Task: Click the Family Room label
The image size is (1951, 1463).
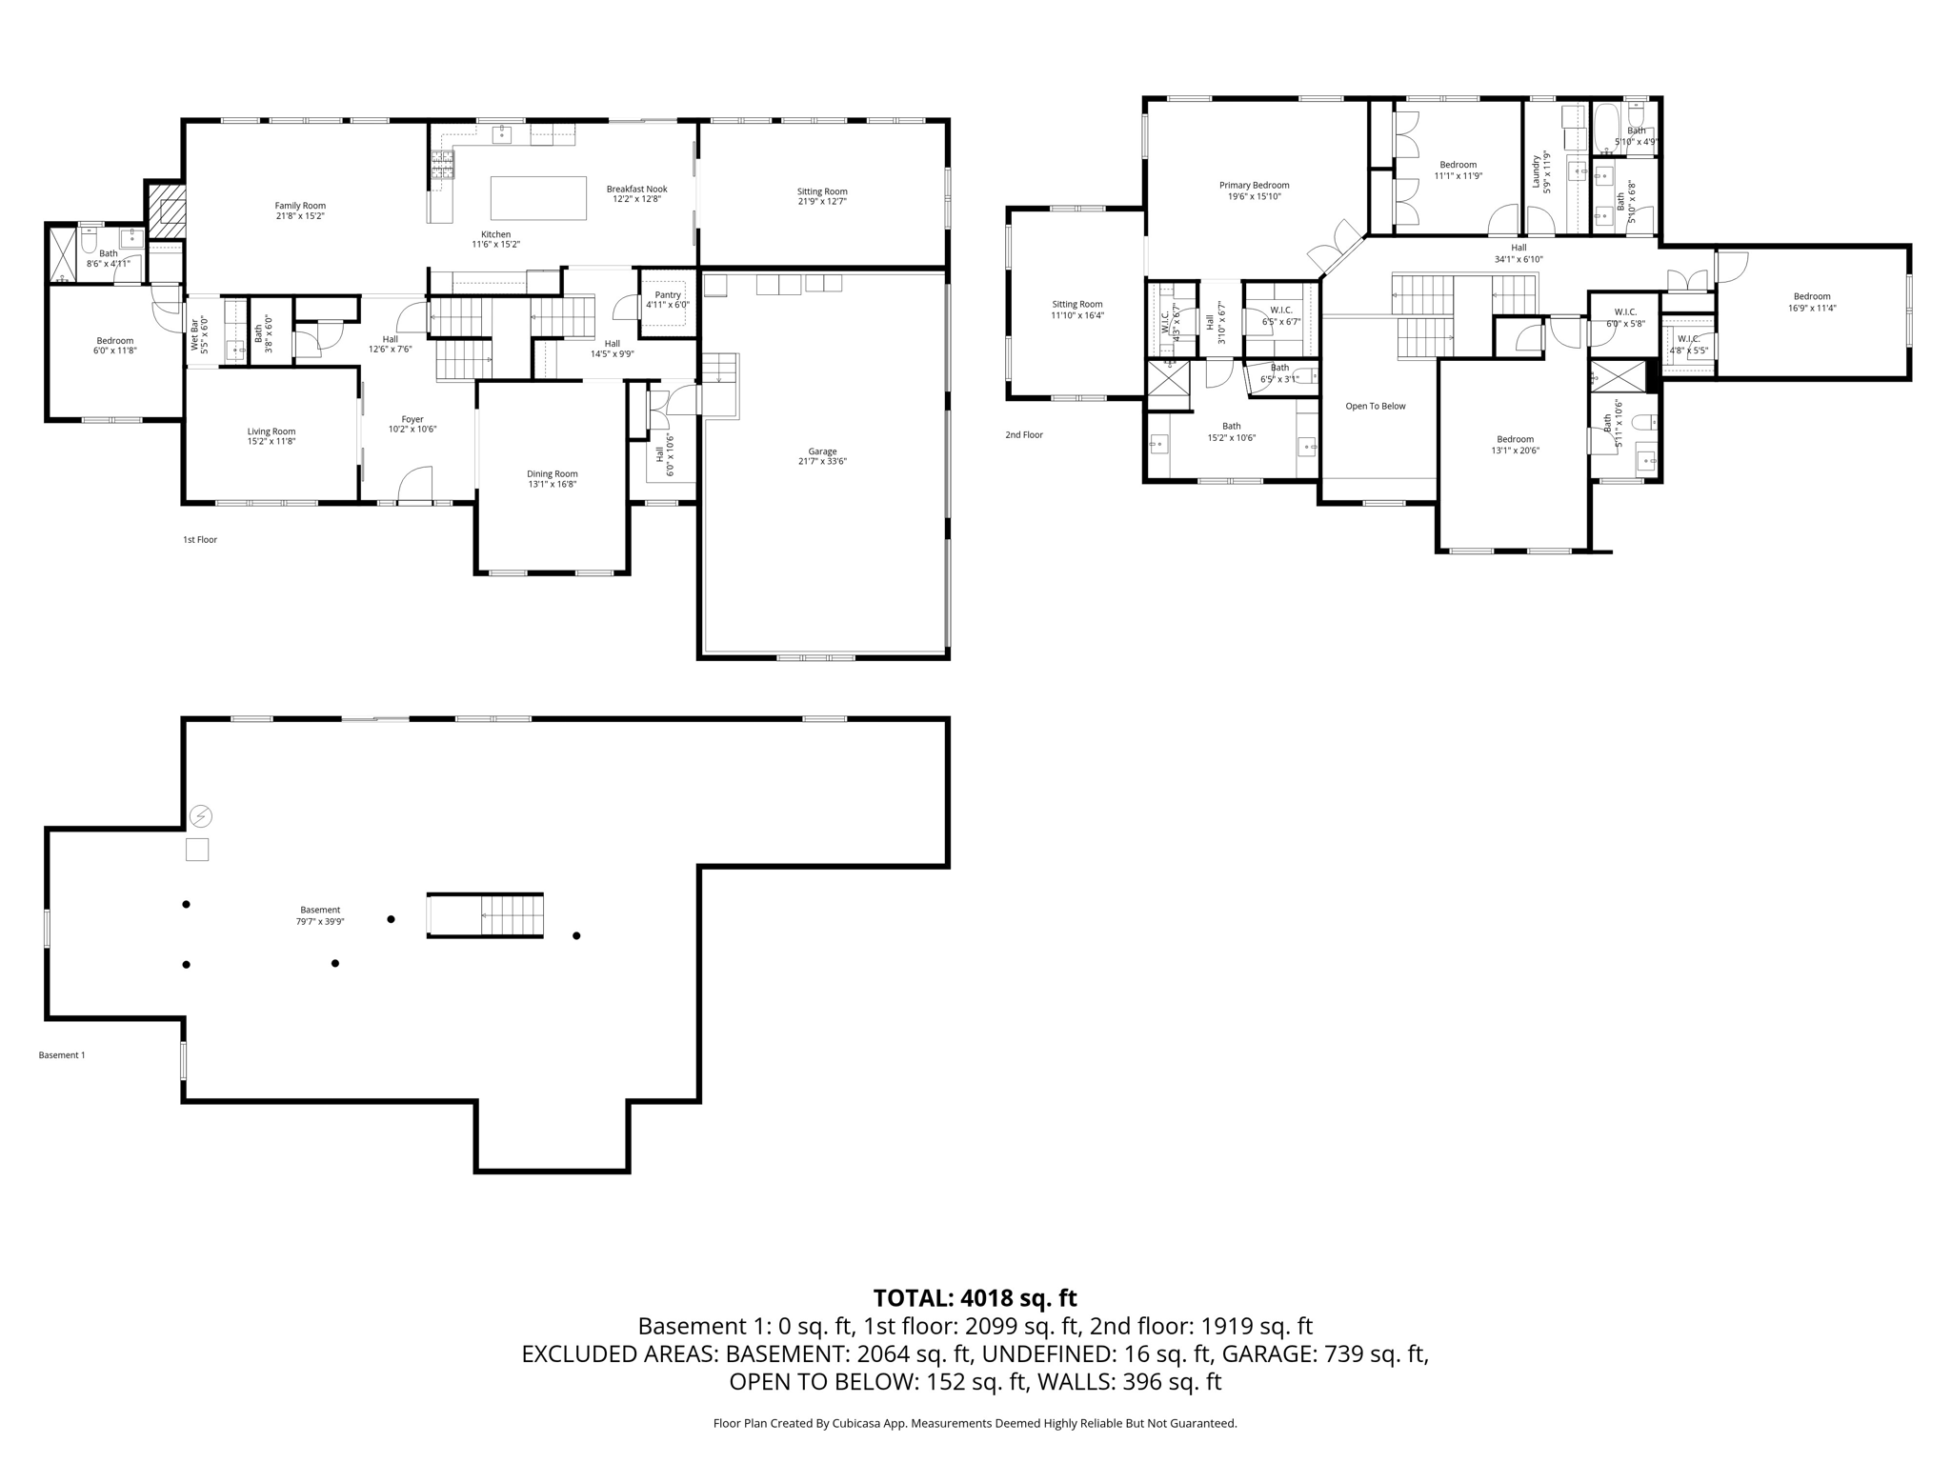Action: pos(300,206)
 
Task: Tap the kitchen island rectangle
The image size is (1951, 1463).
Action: pos(538,198)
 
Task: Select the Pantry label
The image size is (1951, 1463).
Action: pos(668,295)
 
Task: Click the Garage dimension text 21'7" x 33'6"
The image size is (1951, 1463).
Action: pos(822,462)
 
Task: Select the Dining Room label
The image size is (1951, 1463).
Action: pos(553,474)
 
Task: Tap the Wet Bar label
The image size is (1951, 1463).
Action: pos(194,333)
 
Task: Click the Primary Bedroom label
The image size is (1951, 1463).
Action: pos(1254,186)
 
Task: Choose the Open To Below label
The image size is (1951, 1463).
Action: pos(1375,407)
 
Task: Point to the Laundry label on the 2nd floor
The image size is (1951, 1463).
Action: pos(1536,171)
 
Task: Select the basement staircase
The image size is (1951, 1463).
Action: pos(486,915)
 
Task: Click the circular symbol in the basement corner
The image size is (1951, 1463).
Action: pos(201,816)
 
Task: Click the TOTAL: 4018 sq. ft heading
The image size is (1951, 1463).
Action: pos(975,1298)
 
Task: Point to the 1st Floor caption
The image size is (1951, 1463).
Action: pos(200,540)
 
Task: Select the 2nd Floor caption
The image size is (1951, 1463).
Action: pos(1024,435)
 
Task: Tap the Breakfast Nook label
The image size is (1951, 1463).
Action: pos(636,190)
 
